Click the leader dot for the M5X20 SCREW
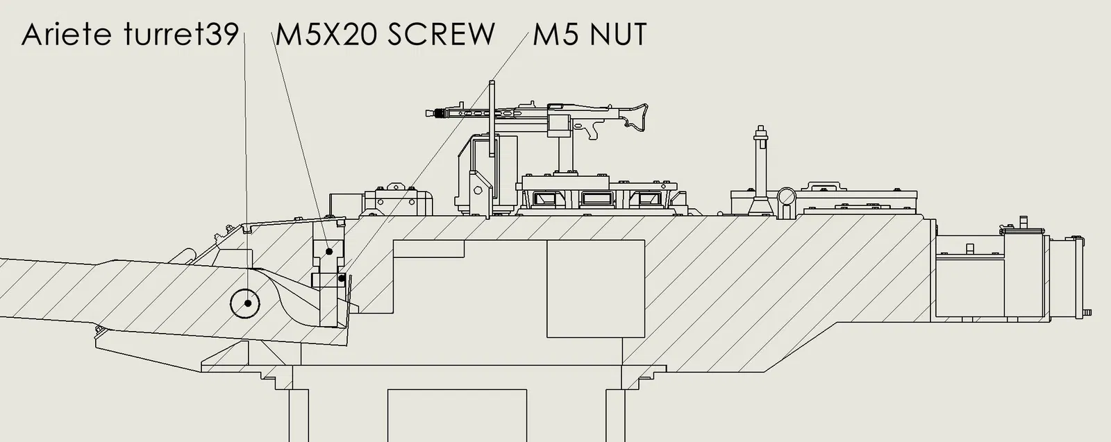pyautogui.click(x=329, y=251)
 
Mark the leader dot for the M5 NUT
pyautogui.click(x=342, y=278)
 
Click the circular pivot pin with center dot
pyautogui.click(x=246, y=303)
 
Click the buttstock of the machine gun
pyautogui.click(x=635, y=117)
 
